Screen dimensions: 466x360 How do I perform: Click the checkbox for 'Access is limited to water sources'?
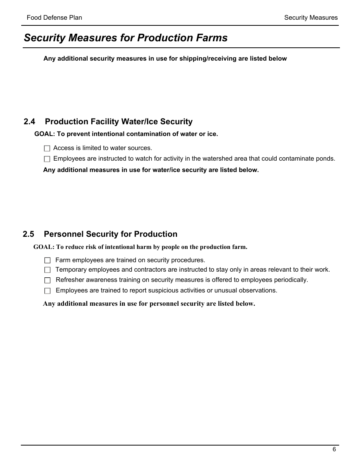(x=47, y=149)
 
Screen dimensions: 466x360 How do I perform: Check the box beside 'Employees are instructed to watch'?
(x=47, y=159)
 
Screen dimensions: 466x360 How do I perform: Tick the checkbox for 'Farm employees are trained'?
(x=47, y=260)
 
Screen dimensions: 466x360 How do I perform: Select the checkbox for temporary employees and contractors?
(x=47, y=270)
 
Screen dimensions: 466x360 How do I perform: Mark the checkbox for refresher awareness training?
(x=47, y=280)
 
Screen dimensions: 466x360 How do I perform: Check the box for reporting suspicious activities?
(x=47, y=291)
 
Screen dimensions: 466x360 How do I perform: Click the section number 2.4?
(x=29, y=122)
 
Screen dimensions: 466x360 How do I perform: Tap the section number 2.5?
(x=28, y=234)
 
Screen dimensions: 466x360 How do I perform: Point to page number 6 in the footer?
(x=334, y=450)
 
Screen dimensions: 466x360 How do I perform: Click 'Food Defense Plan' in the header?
(x=54, y=17)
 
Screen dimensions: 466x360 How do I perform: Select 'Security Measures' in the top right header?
(x=311, y=17)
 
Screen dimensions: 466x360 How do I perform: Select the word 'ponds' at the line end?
(x=326, y=158)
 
